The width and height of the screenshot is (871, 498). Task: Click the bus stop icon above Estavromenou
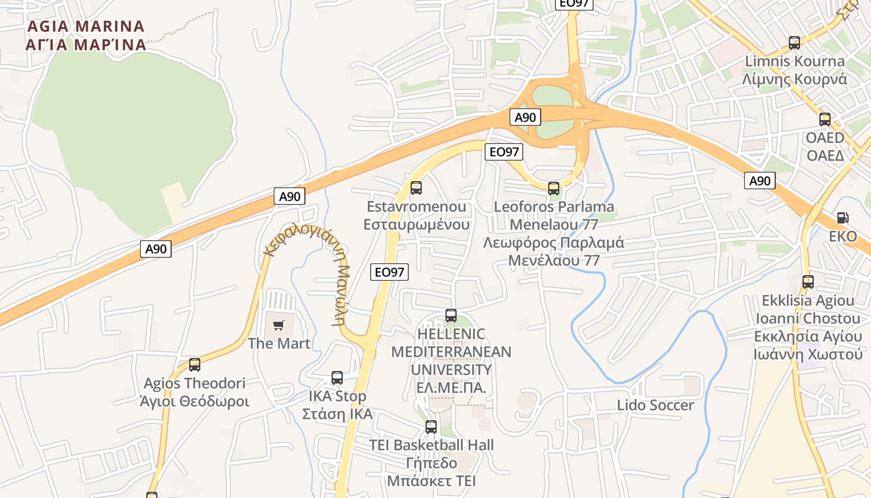tap(416, 187)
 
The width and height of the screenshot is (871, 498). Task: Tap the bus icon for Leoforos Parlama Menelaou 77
tap(553, 188)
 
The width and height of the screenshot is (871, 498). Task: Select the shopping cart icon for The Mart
tap(279, 325)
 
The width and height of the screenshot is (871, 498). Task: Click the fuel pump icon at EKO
tap(842, 218)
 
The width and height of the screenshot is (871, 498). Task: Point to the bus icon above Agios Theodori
tap(195, 365)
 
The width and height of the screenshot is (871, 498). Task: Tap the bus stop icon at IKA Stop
tap(337, 377)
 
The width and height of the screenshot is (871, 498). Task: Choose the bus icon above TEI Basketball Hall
tap(431, 427)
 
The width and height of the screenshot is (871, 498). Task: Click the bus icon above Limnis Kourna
tap(794, 43)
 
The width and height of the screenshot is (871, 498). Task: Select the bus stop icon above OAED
tap(825, 120)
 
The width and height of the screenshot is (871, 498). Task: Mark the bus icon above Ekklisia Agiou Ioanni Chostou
tap(808, 282)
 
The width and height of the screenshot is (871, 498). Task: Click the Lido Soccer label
tap(655, 405)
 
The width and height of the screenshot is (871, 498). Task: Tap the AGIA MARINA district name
tap(86, 35)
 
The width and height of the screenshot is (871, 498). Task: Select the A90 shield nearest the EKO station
tap(760, 181)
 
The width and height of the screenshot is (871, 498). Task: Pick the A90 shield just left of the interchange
tap(525, 117)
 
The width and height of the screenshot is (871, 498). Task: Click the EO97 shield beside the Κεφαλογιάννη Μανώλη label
tap(389, 272)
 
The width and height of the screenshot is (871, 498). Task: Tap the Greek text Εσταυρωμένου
tap(416, 225)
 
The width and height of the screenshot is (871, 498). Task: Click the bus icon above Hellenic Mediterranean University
tap(451, 316)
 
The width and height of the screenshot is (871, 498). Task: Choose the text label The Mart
tap(279, 344)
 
